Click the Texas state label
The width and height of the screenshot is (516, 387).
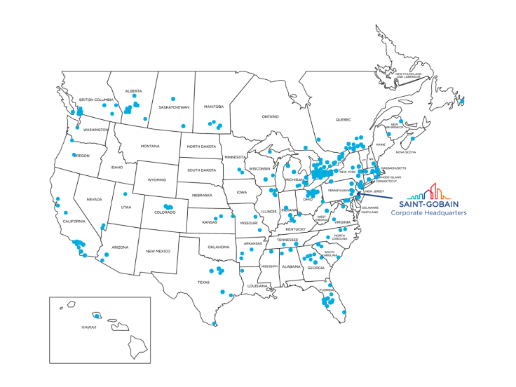(x=203, y=283)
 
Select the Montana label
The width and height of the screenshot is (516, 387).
(x=150, y=146)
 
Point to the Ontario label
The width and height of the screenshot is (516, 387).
(x=270, y=116)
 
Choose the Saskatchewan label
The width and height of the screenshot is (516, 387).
(x=175, y=107)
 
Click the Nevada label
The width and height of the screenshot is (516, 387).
(x=94, y=199)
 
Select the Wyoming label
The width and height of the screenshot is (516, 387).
(x=157, y=179)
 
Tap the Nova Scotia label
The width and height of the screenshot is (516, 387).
(x=406, y=152)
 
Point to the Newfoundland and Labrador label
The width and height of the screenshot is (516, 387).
(x=408, y=74)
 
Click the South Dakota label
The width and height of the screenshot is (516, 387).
(x=201, y=170)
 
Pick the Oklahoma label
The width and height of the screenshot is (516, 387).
(x=218, y=247)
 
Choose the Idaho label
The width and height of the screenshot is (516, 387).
(x=116, y=167)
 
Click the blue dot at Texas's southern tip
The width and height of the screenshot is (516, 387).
(x=214, y=324)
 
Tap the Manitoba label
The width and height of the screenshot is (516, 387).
(x=213, y=107)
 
